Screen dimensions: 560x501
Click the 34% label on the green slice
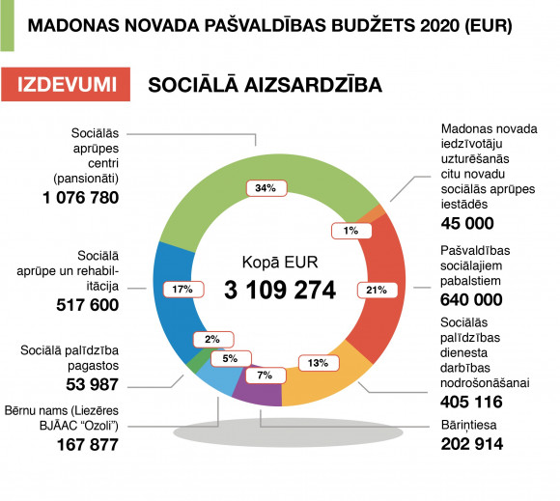coord(266,188)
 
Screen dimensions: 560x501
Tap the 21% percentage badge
coord(378,290)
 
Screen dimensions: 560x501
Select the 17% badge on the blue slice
coord(183,290)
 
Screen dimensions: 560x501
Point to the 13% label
coord(319,363)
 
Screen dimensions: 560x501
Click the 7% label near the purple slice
coord(266,376)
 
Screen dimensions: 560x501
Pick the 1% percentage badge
coord(351,231)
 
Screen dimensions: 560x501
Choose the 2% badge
coord(213,339)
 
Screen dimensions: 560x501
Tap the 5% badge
coord(231,358)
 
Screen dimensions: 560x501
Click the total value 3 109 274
coord(280,290)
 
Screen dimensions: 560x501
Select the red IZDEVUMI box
coord(66,84)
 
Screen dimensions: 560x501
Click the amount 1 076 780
coord(81,198)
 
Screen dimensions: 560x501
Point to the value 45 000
coord(467,224)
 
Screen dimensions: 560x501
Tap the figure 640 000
coord(471,299)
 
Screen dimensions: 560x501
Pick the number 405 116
coord(471,403)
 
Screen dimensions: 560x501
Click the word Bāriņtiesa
coord(468,425)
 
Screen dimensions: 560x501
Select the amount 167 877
coord(88,445)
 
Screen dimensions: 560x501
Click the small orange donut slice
coord(373,214)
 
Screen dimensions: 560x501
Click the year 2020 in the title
coord(440,26)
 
